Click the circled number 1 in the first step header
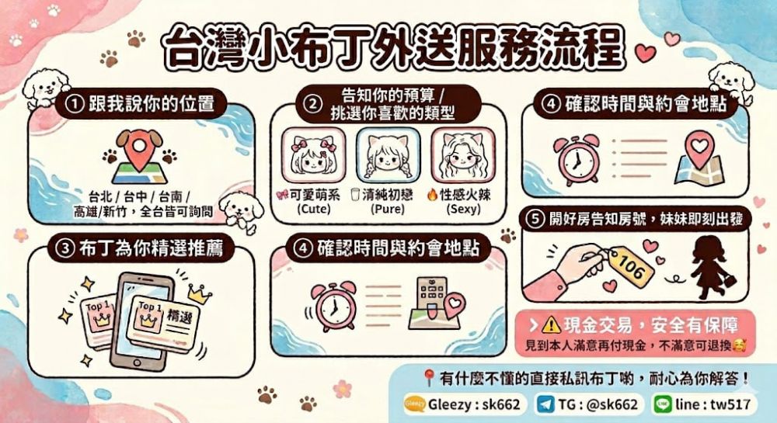click(75, 104)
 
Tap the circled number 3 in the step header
click(65, 248)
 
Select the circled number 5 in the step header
click(535, 219)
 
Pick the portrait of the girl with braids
click(388, 155)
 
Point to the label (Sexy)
click(463, 209)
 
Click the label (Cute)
click(314, 209)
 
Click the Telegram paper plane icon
click(546, 404)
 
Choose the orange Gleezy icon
click(414, 404)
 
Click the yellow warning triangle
click(551, 325)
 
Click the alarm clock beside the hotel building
click(334, 306)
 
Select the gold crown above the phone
click(200, 294)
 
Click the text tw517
click(730, 404)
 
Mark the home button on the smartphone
click(137, 362)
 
